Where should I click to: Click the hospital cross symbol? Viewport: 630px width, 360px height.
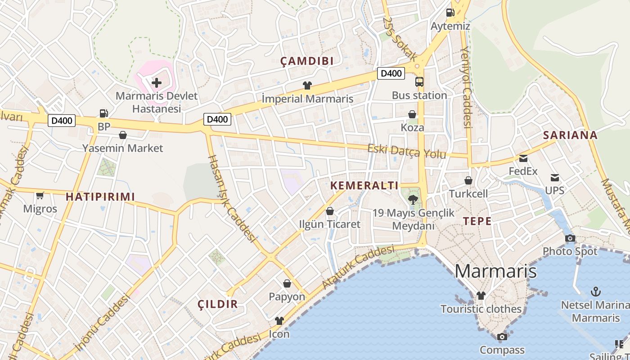157,82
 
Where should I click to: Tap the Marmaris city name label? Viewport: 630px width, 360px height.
495,271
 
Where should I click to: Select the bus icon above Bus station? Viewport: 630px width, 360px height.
419,82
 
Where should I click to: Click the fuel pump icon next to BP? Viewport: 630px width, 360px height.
104,113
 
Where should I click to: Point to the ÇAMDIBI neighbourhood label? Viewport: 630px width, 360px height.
307,61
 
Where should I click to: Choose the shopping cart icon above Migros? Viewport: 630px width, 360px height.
40,195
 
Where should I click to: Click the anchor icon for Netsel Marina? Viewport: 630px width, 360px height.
596,292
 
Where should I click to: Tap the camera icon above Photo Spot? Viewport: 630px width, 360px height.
570,238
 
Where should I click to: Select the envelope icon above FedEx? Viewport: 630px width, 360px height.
523,158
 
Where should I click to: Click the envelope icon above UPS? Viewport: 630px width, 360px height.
555,178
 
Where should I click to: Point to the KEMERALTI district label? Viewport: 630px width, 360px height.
364,185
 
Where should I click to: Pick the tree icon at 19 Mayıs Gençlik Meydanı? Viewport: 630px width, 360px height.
412,199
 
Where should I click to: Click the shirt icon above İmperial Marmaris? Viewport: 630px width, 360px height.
307,85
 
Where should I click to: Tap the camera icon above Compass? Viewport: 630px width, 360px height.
502,337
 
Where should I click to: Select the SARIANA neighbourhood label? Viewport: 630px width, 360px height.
570,135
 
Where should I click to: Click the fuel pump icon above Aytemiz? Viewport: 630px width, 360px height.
450,13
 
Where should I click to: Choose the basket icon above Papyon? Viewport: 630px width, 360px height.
287,283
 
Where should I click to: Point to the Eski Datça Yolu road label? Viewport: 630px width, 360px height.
407,151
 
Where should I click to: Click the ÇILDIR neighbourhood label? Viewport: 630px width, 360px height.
218,304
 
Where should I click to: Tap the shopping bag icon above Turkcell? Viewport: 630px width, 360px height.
468,180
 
